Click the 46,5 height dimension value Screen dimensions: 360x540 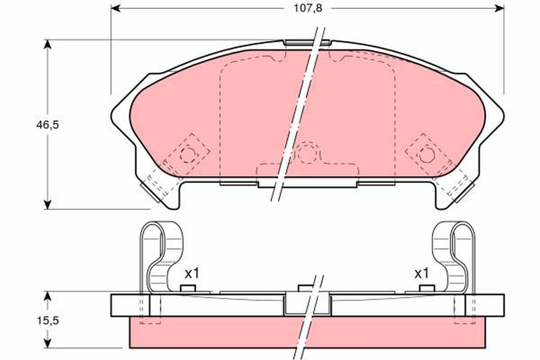[48, 125]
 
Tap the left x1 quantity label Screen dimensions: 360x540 [192, 273]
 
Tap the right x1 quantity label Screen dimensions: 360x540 [421, 273]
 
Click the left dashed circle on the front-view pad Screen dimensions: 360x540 [188, 155]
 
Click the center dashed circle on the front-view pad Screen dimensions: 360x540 [307, 154]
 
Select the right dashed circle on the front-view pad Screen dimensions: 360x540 [427, 155]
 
